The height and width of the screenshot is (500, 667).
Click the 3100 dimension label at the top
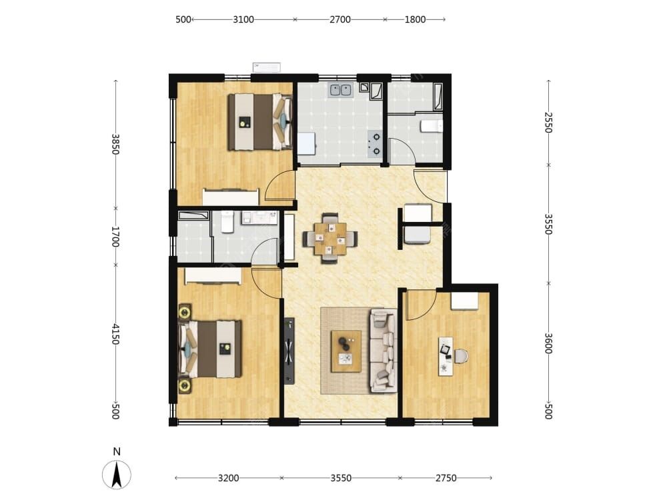click(x=243, y=19)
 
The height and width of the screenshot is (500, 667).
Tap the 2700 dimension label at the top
click(x=340, y=19)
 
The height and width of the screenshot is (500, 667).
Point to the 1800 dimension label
click(x=415, y=19)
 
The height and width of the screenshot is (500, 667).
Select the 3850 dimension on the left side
click(x=115, y=145)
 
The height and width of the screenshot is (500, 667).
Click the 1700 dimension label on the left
click(x=115, y=237)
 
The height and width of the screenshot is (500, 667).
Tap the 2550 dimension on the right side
click(x=549, y=123)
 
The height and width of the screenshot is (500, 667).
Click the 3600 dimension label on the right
click(x=549, y=343)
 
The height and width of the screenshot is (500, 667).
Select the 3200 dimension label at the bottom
click(x=228, y=478)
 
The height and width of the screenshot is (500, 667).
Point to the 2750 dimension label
click(x=446, y=478)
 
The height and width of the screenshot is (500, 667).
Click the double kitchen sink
click(x=341, y=90)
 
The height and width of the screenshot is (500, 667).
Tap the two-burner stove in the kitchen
click(x=375, y=144)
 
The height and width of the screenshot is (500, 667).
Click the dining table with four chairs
click(x=330, y=239)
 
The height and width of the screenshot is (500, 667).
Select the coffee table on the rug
click(x=346, y=351)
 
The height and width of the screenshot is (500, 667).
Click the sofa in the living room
click(x=384, y=351)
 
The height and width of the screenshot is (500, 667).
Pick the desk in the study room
click(x=446, y=356)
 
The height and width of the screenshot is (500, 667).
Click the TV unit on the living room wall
click(x=289, y=351)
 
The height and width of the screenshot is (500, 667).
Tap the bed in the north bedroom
click(x=260, y=122)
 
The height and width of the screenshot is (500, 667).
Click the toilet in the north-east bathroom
click(x=432, y=126)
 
